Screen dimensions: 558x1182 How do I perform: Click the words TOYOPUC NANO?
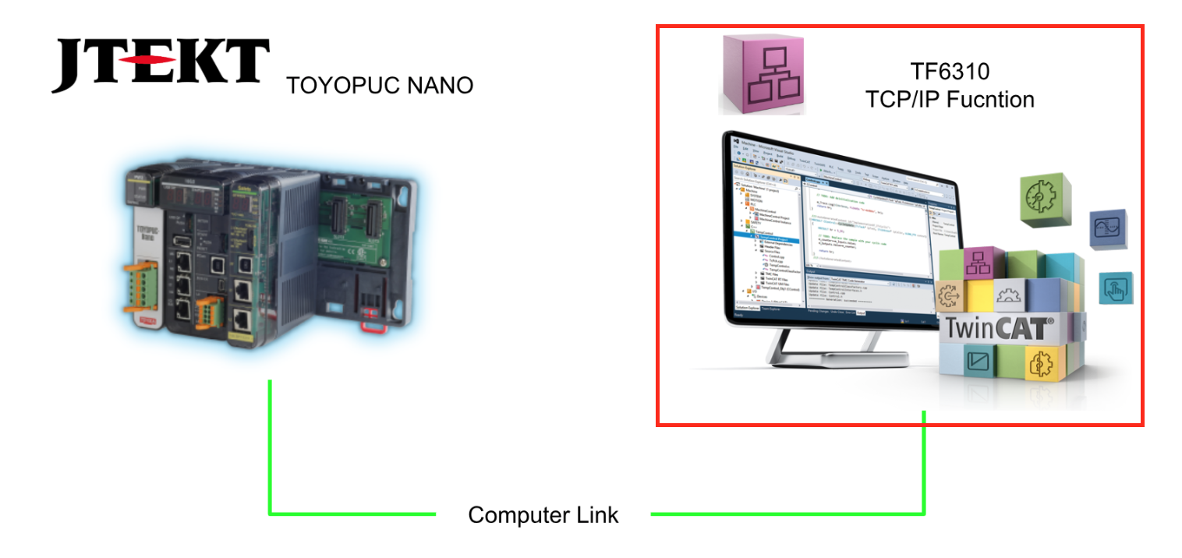tap(380, 85)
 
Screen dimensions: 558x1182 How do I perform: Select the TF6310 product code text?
tap(950, 72)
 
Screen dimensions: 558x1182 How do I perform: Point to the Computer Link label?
tap(543, 515)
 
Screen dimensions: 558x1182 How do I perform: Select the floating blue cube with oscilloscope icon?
tap(1106, 229)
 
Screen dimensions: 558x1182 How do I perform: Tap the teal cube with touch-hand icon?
tap(1115, 288)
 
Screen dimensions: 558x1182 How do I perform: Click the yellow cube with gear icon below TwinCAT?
tap(1042, 364)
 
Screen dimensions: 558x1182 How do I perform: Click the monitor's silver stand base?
tap(802, 355)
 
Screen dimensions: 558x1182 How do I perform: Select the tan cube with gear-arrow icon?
tap(951, 297)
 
